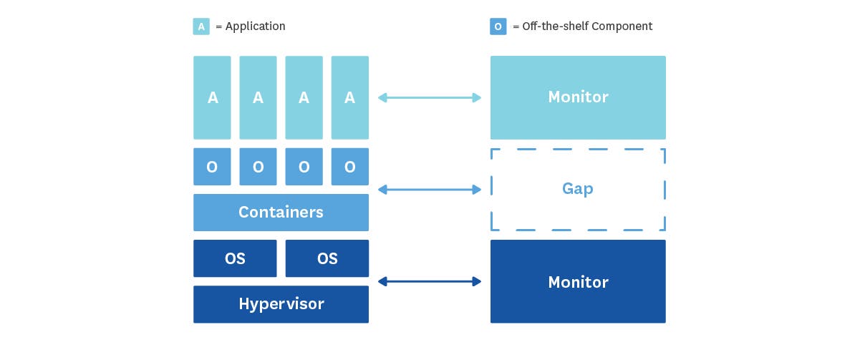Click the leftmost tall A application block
pyautogui.click(x=212, y=97)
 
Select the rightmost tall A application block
pyautogui.click(x=349, y=97)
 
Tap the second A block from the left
pyautogui.click(x=258, y=97)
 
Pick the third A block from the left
pyautogui.click(x=304, y=97)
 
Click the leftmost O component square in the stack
pyautogui.click(x=212, y=167)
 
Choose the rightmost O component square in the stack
pyautogui.click(x=349, y=167)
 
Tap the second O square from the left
pyautogui.click(x=258, y=167)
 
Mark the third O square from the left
pyautogui.click(x=304, y=167)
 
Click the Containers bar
pyautogui.click(x=281, y=213)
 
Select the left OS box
pyautogui.click(x=235, y=258)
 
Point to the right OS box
pyautogui.click(x=327, y=258)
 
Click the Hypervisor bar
pyautogui.click(x=281, y=304)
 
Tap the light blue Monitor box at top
pyautogui.click(x=578, y=97)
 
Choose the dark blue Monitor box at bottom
pyautogui.click(x=578, y=281)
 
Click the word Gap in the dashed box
pyautogui.click(x=577, y=189)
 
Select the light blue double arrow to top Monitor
pyautogui.click(x=430, y=97)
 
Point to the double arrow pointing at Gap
pyautogui.click(x=430, y=190)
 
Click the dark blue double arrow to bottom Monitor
pyautogui.click(x=430, y=281)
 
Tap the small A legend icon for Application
pyautogui.click(x=201, y=26)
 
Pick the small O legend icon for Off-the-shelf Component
pyautogui.click(x=498, y=26)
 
